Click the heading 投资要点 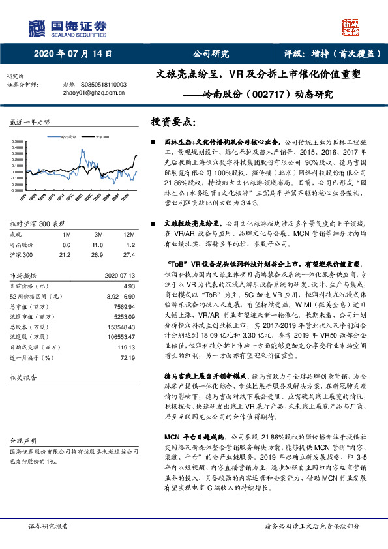(x=172, y=122)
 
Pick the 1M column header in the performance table (x=66, y=233)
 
